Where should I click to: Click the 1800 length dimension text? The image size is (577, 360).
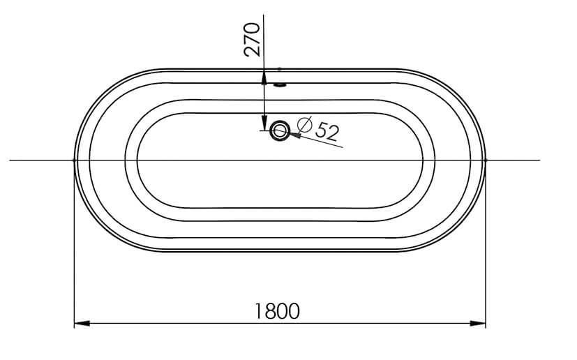(277, 310)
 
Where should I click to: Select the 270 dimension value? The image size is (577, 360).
(253, 39)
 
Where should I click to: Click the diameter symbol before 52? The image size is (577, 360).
(304, 126)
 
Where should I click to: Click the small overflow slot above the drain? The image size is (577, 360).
(280, 85)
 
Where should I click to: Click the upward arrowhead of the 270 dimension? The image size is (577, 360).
(264, 76)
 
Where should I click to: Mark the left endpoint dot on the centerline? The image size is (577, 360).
(74, 160)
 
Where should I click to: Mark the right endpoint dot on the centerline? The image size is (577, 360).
(486, 160)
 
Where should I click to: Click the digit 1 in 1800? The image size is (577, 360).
(259, 310)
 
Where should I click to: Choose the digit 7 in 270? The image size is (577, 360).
(253, 39)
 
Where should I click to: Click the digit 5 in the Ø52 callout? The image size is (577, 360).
(322, 129)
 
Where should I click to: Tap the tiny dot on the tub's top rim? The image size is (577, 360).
(280, 69)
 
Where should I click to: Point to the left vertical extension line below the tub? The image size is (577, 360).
(74, 279)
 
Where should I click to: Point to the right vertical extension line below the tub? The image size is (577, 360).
(486, 279)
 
